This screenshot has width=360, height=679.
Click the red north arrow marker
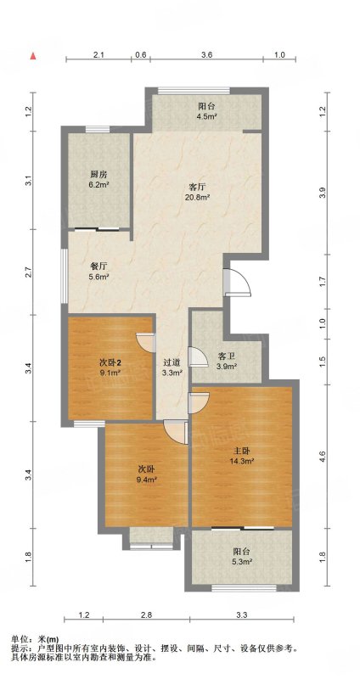click(33, 56)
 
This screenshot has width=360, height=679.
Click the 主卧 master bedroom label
click(242, 452)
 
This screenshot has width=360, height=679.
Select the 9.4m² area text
click(147, 479)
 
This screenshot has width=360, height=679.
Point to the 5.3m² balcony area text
click(242, 562)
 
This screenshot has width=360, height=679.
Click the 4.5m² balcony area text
click(207, 115)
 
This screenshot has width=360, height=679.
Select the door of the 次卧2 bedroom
click(146, 342)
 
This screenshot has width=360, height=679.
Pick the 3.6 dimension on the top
click(206, 55)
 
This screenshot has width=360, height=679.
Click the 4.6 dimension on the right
click(322, 456)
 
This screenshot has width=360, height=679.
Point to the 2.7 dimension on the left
click(29, 273)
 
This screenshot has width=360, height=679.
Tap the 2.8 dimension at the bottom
click(146, 614)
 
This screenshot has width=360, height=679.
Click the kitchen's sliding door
click(96, 229)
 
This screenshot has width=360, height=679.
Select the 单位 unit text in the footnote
click(19, 638)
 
